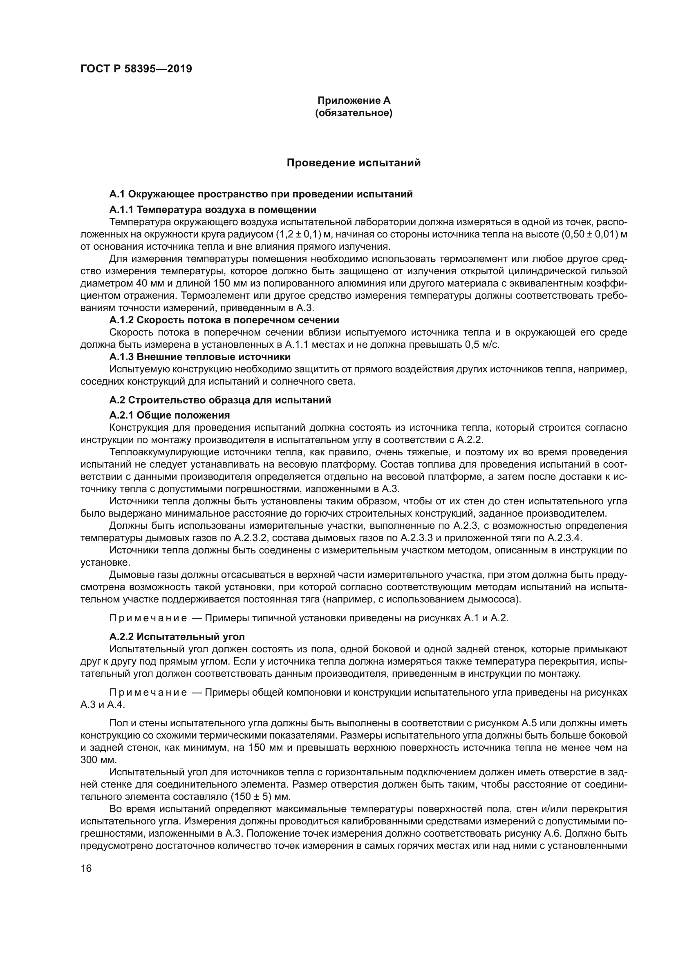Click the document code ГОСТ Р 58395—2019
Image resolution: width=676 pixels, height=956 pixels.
136,69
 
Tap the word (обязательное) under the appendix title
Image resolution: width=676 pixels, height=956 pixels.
354,113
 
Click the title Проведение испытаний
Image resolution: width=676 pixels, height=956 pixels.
354,163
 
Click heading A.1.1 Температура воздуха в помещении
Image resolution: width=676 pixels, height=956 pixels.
212,209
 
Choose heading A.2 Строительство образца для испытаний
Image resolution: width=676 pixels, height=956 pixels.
220,400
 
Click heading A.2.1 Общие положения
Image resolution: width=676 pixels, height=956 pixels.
170,415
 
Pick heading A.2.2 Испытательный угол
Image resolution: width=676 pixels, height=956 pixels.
177,637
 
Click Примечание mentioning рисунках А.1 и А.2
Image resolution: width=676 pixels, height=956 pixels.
148,618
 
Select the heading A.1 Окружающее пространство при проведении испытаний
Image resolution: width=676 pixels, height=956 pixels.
261,194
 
